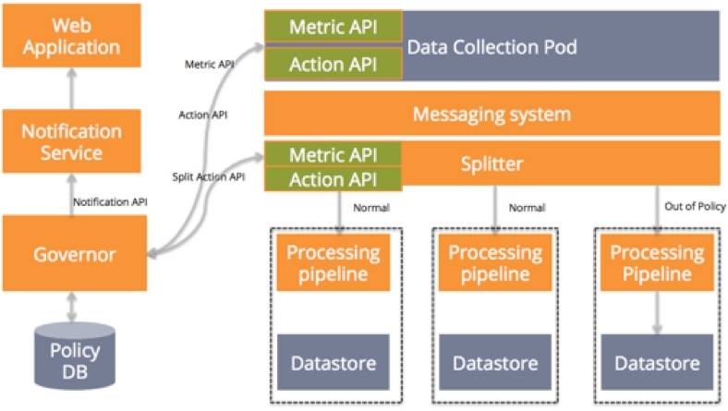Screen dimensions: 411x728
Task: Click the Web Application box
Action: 72,34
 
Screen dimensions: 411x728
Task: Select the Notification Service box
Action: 72,141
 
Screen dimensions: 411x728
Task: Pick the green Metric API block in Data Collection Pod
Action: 334,26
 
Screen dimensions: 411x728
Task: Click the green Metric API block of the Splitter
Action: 334,153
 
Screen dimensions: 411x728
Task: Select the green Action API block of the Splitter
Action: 334,178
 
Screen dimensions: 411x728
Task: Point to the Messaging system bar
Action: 491,115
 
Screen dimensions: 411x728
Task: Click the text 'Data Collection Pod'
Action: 491,46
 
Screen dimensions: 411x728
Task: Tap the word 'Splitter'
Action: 492,164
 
